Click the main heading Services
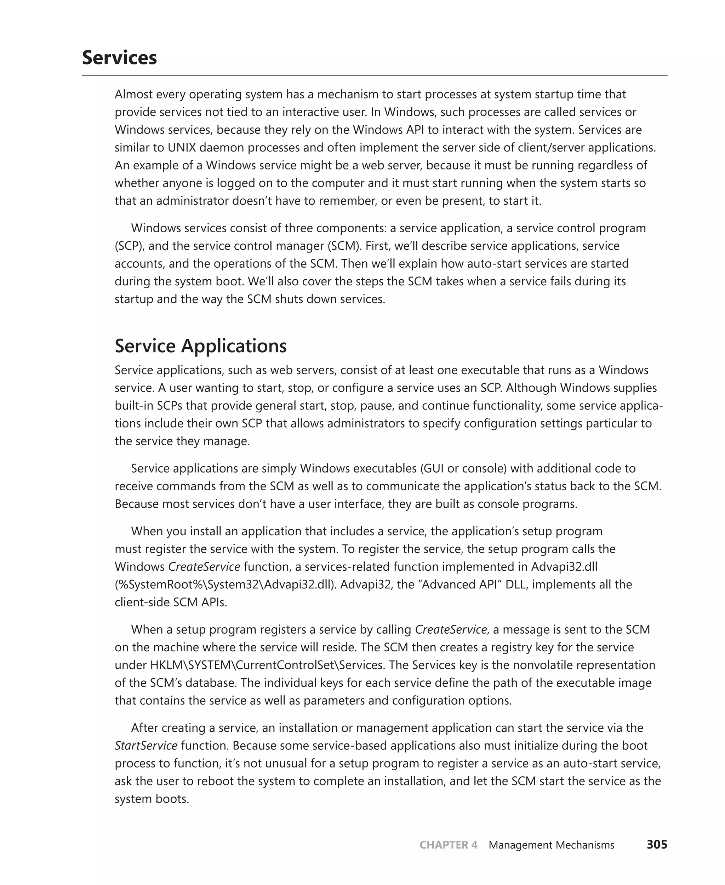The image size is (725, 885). (x=119, y=58)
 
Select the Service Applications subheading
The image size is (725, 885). (x=200, y=346)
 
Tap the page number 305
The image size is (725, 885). (x=657, y=845)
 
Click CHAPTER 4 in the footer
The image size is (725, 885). (x=448, y=845)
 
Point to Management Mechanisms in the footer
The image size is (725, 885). (x=551, y=845)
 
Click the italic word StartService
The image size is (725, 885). (x=146, y=746)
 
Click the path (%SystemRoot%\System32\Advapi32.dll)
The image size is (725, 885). (x=226, y=584)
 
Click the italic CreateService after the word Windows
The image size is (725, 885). (x=204, y=567)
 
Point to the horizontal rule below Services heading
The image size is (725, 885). (x=374, y=76)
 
